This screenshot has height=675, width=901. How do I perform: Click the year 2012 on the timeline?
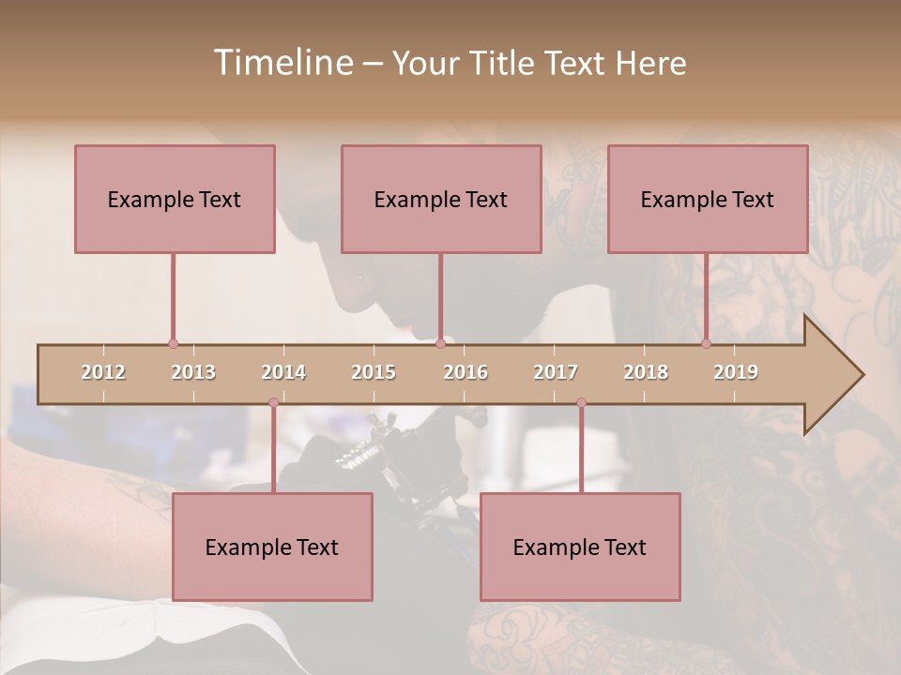[103, 372]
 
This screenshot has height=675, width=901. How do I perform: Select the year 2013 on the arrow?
[193, 372]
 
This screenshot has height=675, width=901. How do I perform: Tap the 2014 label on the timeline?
[283, 372]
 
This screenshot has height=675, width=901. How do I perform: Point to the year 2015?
[374, 372]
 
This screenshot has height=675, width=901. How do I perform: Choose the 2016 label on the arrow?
[466, 372]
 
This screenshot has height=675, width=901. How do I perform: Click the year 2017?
[556, 372]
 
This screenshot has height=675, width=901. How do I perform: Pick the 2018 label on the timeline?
[646, 372]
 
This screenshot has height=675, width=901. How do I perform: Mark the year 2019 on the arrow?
[736, 372]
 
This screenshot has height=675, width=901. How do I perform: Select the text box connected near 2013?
[175, 199]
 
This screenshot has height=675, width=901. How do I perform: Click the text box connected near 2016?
[441, 199]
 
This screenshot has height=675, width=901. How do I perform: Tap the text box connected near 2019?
[708, 199]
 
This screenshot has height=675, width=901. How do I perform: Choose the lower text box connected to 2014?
[272, 547]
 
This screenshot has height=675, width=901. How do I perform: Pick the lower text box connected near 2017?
[580, 547]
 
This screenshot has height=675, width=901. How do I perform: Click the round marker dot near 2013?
[173, 343]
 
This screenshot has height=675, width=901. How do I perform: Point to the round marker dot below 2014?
[273, 402]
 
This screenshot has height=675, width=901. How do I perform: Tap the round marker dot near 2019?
[706, 343]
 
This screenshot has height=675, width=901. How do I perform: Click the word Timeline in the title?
[281, 63]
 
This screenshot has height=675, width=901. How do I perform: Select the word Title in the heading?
[504, 63]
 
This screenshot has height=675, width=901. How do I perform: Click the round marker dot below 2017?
[581, 402]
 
